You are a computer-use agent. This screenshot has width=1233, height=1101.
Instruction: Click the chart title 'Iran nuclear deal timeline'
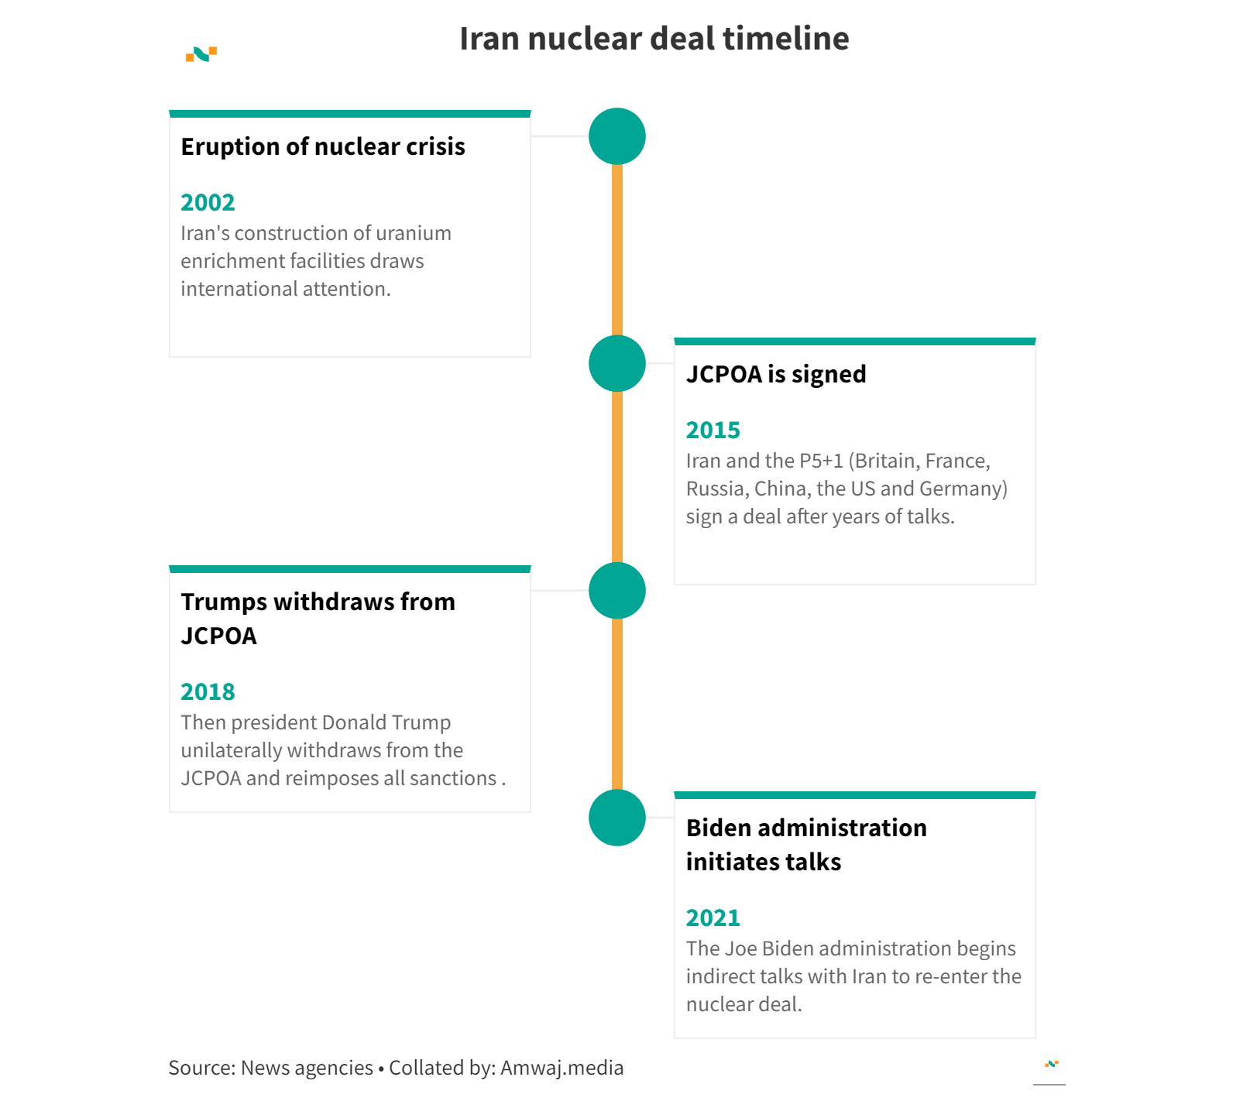click(x=654, y=39)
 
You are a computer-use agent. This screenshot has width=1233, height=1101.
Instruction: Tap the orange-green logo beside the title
click(x=201, y=54)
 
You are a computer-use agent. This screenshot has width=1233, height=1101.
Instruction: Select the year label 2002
click(x=208, y=202)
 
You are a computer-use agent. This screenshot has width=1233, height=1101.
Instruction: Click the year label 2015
click(x=713, y=430)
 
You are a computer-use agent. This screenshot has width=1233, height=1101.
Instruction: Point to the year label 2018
click(x=208, y=691)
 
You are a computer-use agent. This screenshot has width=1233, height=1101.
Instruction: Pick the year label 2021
click(x=713, y=917)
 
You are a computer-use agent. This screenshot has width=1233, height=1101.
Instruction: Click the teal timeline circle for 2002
click(x=617, y=136)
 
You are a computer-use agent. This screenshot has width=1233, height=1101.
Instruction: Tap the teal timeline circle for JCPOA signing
click(x=617, y=363)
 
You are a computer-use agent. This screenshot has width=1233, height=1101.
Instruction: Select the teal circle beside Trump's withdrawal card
click(x=617, y=591)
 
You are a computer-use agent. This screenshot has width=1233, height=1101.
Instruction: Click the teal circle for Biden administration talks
click(x=617, y=818)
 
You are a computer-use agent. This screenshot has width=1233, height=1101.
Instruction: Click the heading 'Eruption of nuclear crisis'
click(x=323, y=146)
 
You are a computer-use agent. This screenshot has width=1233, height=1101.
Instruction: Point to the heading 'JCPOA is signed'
click(x=776, y=374)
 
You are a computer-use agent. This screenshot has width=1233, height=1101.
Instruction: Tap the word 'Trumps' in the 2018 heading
click(x=224, y=602)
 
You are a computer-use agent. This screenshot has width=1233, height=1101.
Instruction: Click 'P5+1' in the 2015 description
click(x=821, y=461)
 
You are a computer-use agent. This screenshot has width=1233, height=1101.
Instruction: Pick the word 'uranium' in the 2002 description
click(x=415, y=233)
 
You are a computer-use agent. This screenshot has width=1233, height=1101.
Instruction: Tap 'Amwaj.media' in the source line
click(x=562, y=1068)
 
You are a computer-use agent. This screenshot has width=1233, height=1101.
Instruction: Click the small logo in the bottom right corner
click(x=1051, y=1064)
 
